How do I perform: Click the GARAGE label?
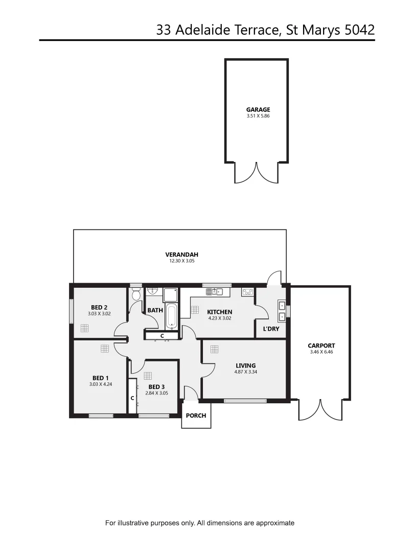[258, 109]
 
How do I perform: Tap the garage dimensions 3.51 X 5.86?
[258, 116]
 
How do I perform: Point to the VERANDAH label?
[181, 255]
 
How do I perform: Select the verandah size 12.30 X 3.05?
[181, 261]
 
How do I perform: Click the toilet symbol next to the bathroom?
[136, 294]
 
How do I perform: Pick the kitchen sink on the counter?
[215, 292]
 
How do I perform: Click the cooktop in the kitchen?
[247, 292]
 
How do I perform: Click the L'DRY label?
[271, 329]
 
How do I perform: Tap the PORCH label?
[196, 416]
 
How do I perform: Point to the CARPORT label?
[321, 346]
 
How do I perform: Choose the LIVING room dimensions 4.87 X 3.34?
[245, 372]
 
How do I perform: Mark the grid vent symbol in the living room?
[214, 349]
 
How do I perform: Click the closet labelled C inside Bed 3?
[132, 397]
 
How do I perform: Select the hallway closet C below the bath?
[162, 336]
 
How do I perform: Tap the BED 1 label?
[100, 378]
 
